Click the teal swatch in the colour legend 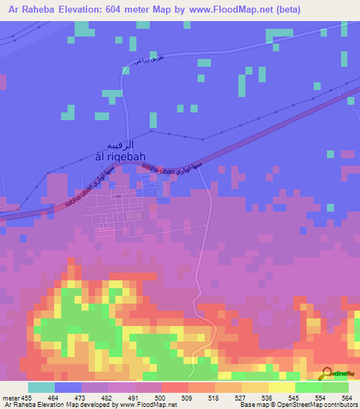point(41,387)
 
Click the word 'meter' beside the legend point(12,398)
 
